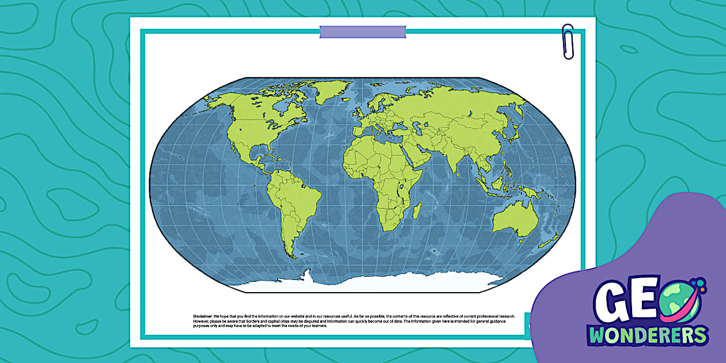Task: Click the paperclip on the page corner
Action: click(568, 41)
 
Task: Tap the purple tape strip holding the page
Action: click(362, 32)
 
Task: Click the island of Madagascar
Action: click(417, 210)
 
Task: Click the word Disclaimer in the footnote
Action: click(203, 316)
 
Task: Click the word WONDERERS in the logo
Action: click(648, 335)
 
